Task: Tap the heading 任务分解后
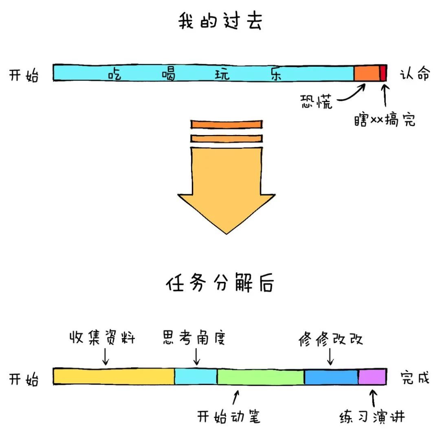pos(220,283)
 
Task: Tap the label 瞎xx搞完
pos(385,120)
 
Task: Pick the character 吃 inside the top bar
pos(115,74)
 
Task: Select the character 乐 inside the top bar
pos(276,74)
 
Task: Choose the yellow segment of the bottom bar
pos(114,377)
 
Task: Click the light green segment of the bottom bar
pos(260,377)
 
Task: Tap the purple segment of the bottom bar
pos(372,377)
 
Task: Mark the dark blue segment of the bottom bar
pos(331,377)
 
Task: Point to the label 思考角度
pos(194,338)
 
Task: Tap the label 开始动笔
pos(229,416)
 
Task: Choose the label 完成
pos(414,378)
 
